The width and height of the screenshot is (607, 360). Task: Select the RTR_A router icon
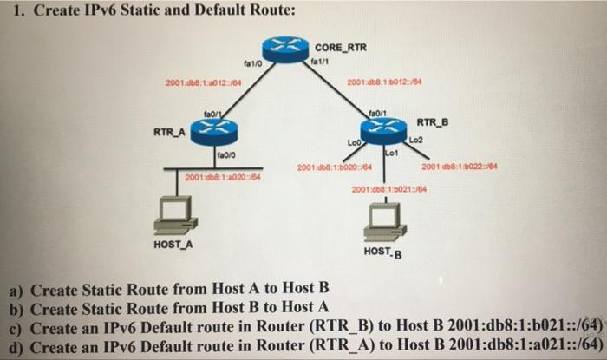click(210, 131)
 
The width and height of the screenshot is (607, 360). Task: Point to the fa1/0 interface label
click(253, 63)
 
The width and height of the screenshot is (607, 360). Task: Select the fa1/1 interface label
click(317, 62)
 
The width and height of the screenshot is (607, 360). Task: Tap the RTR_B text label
click(433, 121)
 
